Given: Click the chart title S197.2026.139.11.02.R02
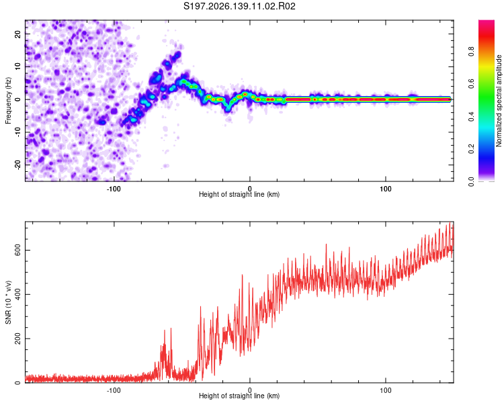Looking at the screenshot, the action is click(x=239, y=6).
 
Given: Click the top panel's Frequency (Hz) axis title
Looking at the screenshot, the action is click(x=8, y=101).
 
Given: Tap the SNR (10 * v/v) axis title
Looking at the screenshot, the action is click(x=8, y=302).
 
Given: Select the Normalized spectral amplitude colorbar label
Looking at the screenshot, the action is click(x=499, y=101).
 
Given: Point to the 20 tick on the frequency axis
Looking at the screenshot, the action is click(x=17, y=34).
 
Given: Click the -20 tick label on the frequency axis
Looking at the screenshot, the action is click(x=17, y=165).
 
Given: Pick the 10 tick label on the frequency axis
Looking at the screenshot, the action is click(x=17, y=66).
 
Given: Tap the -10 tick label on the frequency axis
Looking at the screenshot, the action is click(x=17, y=132).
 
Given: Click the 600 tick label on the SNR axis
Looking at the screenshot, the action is click(x=17, y=250).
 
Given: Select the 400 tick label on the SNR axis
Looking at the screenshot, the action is click(x=17, y=294).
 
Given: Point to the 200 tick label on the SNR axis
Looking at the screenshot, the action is click(x=17, y=339).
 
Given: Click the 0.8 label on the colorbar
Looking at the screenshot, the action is click(x=471, y=52).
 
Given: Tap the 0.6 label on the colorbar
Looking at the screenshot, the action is click(x=471, y=84).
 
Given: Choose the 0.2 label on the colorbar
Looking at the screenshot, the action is click(x=471, y=149).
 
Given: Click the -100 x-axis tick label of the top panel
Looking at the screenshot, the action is click(x=114, y=189).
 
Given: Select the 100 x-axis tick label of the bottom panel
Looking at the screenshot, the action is click(x=386, y=390).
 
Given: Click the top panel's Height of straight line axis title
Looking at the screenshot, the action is click(x=239, y=194).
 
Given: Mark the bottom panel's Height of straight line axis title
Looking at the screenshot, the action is click(x=239, y=396).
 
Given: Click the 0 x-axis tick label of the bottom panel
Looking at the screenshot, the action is click(x=250, y=390).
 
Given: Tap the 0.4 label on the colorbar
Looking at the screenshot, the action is click(x=471, y=116).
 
